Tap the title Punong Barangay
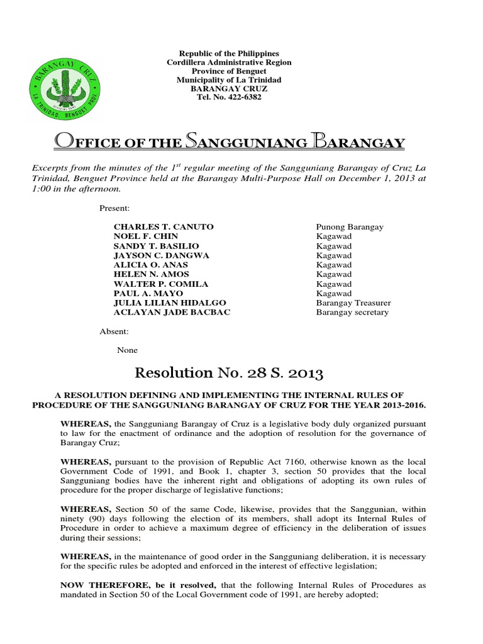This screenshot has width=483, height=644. coord(350,226)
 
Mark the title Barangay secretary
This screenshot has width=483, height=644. coord(352,313)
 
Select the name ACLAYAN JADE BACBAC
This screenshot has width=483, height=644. coord(172,313)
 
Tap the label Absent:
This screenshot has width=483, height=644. coord(114,331)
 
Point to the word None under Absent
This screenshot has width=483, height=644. coord(127,350)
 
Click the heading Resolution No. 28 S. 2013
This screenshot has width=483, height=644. coord(229,374)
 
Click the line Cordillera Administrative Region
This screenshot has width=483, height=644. coord(229,63)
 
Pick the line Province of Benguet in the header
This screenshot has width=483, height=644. coord(229,72)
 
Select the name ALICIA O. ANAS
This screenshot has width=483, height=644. coord(147,265)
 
